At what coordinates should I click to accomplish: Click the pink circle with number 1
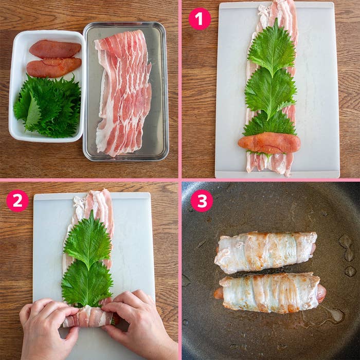[200, 19]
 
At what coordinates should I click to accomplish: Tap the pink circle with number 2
[17, 201]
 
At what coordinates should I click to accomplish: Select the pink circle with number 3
[202, 201]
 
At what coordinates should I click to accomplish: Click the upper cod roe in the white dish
[55, 49]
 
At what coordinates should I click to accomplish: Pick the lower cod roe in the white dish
[53, 67]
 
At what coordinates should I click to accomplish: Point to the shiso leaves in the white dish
[49, 105]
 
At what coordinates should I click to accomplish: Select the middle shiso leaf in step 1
[271, 92]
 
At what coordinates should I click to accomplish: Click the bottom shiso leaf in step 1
[270, 123]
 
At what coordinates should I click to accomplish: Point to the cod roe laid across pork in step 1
[269, 142]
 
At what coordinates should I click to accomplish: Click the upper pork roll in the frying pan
[265, 252]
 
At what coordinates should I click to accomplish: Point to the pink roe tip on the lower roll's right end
[321, 293]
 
